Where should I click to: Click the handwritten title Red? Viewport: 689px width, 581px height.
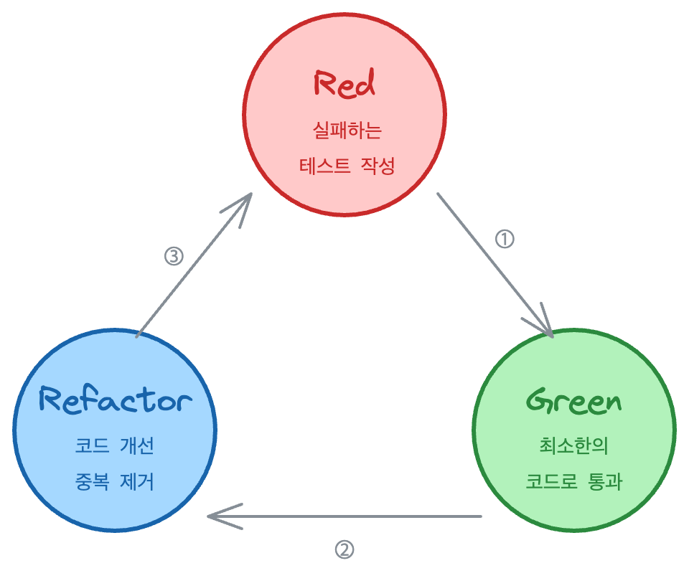tap(344, 83)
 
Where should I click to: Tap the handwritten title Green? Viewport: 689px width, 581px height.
tap(574, 401)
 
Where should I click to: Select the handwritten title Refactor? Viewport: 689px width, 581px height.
tap(115, 400)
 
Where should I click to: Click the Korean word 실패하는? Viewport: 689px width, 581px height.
tap(347, 131)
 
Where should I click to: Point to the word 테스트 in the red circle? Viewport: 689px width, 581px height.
tap(325, 166)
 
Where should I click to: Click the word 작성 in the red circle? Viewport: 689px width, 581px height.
tap(378, 166)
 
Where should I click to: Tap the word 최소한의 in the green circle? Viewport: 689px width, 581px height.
tap(574, 445)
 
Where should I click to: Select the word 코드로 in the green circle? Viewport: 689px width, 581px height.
tap(551, 481)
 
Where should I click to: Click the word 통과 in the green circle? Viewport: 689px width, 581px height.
tap(605, 481)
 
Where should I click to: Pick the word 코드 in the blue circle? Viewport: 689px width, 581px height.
tap(92, 445)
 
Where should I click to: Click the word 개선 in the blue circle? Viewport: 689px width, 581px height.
tap(137, 445)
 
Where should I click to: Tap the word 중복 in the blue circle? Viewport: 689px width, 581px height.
tap(92, 481)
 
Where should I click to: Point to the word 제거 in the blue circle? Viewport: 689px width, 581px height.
tap(137, 481)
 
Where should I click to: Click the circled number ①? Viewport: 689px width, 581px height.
tap(505, 239)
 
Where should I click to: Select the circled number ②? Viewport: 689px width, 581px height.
tap(344, 549)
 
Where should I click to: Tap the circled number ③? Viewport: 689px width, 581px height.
tap(174, 256)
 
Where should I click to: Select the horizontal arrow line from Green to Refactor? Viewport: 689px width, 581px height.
tap(344, 516)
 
